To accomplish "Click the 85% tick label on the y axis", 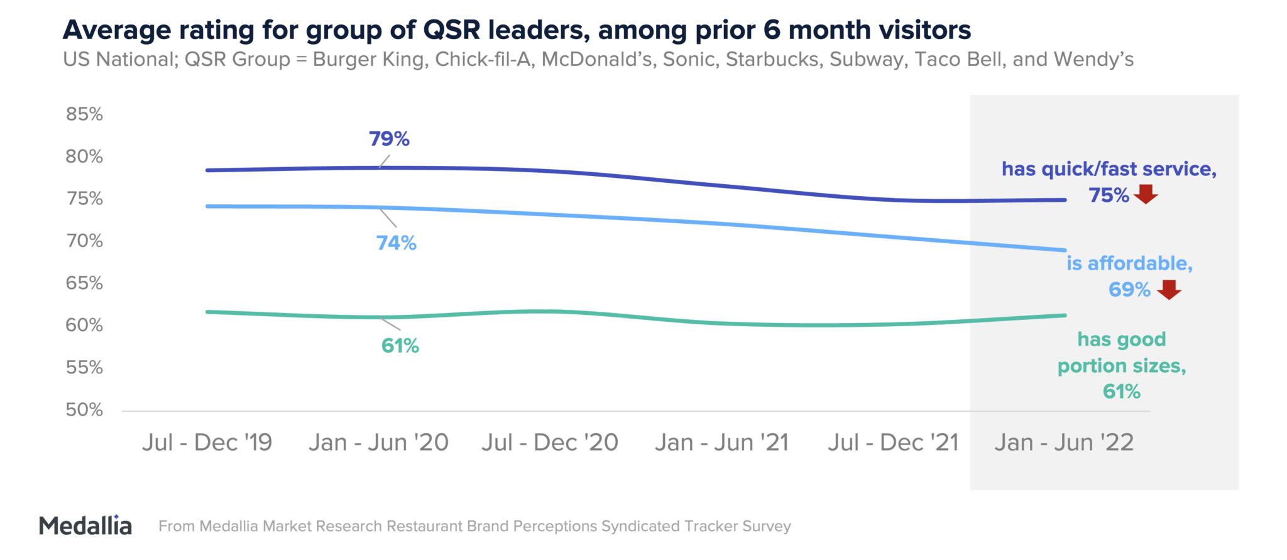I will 84,114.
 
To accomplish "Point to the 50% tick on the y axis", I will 84,410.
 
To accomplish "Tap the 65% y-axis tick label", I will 84,283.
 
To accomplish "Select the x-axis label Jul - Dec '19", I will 207,442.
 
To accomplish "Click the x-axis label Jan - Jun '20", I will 378,442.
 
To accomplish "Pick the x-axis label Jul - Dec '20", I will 550,442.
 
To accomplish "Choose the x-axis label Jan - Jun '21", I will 721,442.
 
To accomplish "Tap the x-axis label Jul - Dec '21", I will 893,442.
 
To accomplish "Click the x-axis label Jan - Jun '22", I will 1064,442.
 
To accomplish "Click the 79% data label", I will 389,139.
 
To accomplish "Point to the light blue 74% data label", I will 396,243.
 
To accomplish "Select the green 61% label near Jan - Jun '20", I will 400,346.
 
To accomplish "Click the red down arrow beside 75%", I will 1146,194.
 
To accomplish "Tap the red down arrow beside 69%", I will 1169,289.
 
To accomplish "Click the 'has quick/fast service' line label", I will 1109,169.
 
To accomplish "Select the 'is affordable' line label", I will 1129,263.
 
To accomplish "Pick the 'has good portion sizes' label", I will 1122,353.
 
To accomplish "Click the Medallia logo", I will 85,525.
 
